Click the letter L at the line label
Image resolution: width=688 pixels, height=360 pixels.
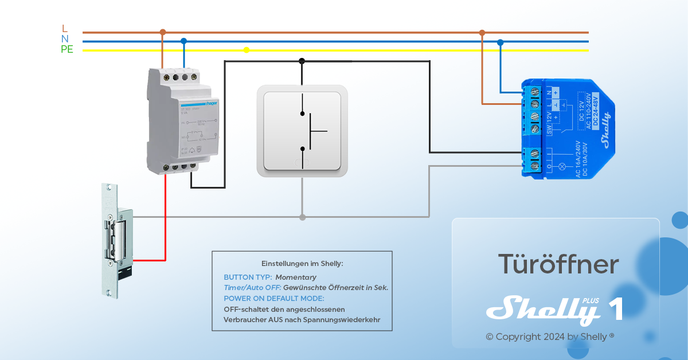point(64,29)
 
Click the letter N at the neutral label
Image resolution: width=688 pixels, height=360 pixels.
point(65,39)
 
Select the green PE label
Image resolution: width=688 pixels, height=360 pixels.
point(67,49)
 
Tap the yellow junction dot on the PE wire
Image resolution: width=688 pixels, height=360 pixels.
point(247,50)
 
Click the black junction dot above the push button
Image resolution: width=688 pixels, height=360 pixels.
point(302,61)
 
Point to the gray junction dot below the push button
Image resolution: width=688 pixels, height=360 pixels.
point(302,217)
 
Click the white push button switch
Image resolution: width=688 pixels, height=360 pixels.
point(302,131)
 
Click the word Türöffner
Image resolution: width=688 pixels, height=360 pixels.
point(558,264)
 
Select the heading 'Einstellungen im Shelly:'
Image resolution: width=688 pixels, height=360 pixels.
point(302,264)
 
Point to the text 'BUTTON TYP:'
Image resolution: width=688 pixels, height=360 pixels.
point(248,277)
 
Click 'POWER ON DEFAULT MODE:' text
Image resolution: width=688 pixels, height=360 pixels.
point(273,299)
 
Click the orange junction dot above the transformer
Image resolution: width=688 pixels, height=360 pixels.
point(163,32)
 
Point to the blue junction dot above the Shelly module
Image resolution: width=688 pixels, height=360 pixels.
point(501,42)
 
